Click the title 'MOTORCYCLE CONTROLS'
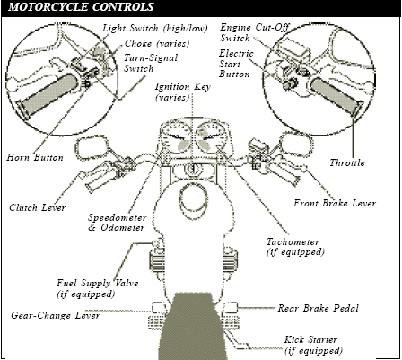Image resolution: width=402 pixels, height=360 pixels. point(81,7)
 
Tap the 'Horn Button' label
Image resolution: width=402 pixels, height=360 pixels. point(35,157)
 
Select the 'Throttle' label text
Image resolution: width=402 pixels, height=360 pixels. point(347,162)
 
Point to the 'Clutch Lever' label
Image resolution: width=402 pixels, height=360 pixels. point(37,207)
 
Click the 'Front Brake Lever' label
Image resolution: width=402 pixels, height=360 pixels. point(335,203)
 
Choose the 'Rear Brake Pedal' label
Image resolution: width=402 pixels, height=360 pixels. point(318,308)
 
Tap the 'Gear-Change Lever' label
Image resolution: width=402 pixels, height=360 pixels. point(56,315)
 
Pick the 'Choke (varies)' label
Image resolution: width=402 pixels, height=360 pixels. point(157,44)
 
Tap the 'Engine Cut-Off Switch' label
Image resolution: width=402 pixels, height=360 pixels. point(255,32)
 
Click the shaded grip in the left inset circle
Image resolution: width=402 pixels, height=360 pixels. point(50,93)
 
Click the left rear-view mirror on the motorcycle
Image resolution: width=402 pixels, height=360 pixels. point(92,148)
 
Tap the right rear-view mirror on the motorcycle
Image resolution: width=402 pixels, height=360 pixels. point(297,146)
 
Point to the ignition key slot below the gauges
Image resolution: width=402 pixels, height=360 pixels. point(193,170)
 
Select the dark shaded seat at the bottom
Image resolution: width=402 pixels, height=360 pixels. point(192,326)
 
